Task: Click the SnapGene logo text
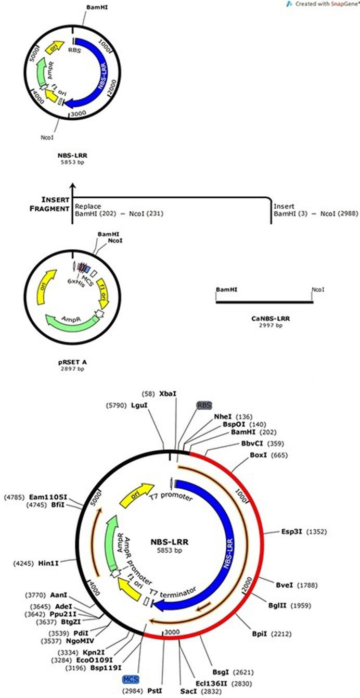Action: click(340, 4)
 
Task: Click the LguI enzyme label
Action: click(138, 404)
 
